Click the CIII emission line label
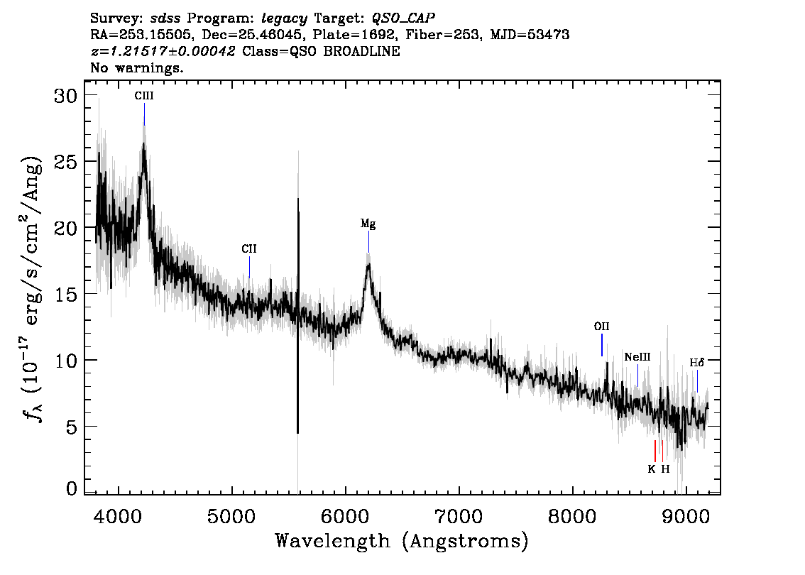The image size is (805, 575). (x=143, y=96)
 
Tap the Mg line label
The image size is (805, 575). (x=368, y=224)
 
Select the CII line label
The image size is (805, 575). (x=249, y=249)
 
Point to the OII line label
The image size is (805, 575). (x=602, y=327)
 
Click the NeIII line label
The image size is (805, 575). (x=637, y=357)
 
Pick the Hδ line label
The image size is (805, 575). (x=696, y=363)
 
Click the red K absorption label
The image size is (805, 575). (x=652, y=469)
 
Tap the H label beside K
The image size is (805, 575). (x=665, y=469)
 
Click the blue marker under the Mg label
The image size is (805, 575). (x=368, y=242)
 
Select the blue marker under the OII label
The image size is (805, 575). (x=602, y=345)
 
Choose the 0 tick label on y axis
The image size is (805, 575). (x=72, y=488)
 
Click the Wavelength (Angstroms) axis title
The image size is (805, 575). (x=402, y=542)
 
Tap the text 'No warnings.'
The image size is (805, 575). (x=137, y=67)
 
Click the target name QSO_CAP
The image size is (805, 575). (x=403, y=18)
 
